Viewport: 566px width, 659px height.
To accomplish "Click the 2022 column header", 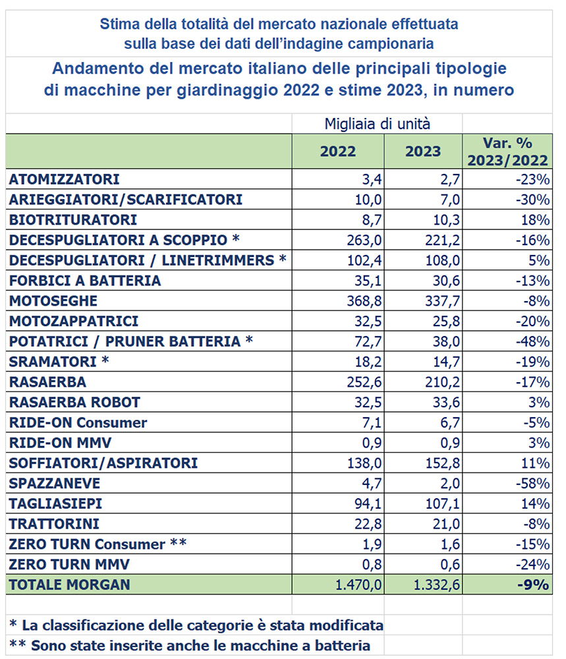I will click(338, 151).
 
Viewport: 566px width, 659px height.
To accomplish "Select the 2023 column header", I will click(423, 151).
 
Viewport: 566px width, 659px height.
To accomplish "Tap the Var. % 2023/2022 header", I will click(507, 151).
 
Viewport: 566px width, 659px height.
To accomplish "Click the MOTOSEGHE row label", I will click(53, 301).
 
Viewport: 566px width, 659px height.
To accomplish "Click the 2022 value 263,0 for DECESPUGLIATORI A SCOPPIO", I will click(366, 240).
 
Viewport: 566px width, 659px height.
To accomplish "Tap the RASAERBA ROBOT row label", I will click(74, 402).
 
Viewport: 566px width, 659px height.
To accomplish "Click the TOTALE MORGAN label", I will click(70, 585).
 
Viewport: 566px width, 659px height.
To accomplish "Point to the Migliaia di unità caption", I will click(378, 123).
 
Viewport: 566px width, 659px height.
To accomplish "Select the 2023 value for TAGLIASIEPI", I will click(440, 503).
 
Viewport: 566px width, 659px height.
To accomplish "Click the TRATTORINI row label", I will click(55, 524).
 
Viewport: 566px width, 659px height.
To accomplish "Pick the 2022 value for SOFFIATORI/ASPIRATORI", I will click(366, 463).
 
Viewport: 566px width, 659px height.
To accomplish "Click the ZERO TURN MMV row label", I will click(69, 564).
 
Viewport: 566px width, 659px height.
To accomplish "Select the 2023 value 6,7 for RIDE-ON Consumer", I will click(448, 422).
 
